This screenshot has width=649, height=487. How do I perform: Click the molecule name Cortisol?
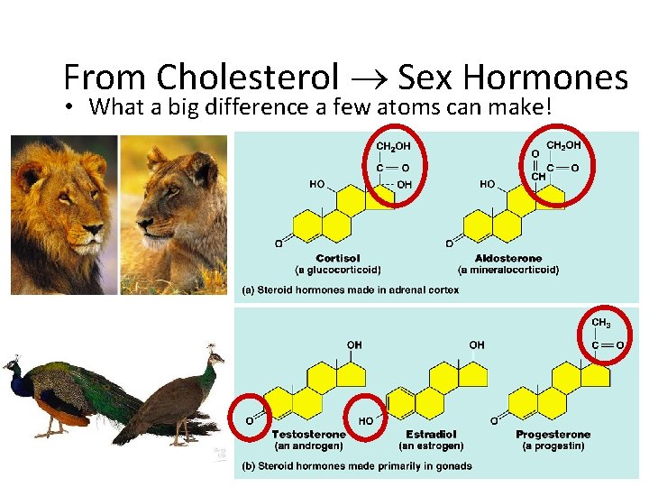[337, 258]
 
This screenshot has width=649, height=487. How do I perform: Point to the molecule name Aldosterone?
[507, 258]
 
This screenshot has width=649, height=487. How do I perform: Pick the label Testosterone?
[309, 434]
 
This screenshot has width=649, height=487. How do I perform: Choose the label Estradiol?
[430, 434]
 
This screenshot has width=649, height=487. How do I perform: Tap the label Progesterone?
[553, 434]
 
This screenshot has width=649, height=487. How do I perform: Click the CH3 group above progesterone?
[601, 323]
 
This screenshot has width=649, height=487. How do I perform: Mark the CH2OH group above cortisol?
[393, 145]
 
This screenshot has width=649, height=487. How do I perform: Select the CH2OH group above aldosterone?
[564, 144]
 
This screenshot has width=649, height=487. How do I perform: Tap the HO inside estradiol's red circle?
[367, 421]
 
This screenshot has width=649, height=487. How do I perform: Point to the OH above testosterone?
[354, 345]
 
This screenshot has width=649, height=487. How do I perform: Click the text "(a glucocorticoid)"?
[337, 270]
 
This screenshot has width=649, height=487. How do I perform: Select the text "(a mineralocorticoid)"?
[507, 270]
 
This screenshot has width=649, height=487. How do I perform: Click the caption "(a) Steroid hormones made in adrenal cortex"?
[349, 289]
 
